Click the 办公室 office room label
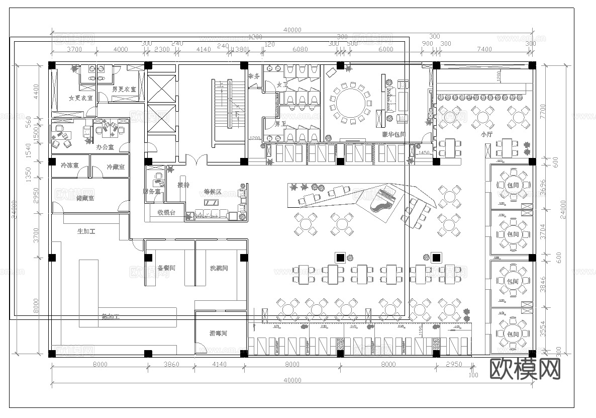pyautogui.click(x=105, y=147)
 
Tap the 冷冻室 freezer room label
pyautogui.click(x=69, y=165)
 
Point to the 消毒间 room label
pyautogui.click(x=219, y=333)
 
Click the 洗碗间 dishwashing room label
pyautogui.click(x=219, y=268)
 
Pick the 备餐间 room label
pyautogui.click(x=166, y=268)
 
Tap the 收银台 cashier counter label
pyautogui.click(x=166, y=213)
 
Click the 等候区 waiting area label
pyautogui.click(x=213, y=192)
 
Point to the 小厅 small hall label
pyautogui.click(x=486, y=134)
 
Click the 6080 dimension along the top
pyautogui.click(x=300, y=49)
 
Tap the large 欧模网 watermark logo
pyautogui.click(x=525, y=370)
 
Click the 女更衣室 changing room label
pyautogui.click(x=80, y=98)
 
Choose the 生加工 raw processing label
pyautogui.click(x=86, y=231)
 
